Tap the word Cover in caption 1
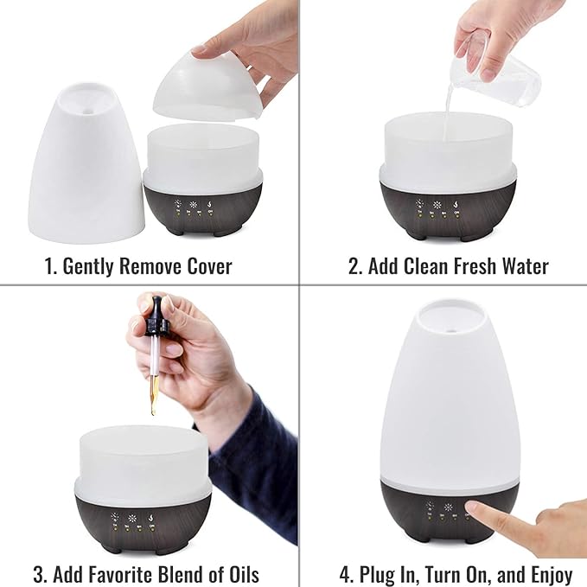coord(207,266)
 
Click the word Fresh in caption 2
coord(464,266)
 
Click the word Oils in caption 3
coord(239,574)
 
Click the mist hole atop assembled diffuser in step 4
coord(450,307)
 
